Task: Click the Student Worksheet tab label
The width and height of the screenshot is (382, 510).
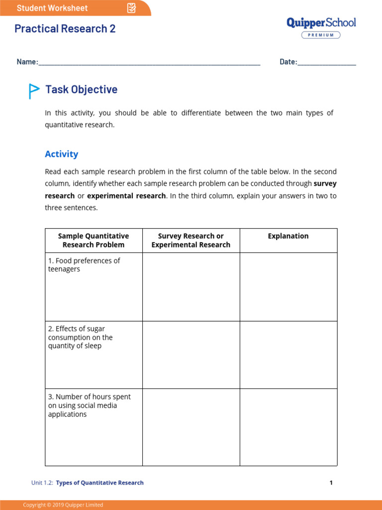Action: coord(52,8)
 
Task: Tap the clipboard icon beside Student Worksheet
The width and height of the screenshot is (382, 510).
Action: coord(131,8)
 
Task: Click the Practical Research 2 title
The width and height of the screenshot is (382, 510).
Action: coord(65,29)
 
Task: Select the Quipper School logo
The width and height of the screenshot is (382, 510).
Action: coord(321,23)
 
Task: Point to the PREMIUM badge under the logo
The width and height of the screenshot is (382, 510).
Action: coord(321,35)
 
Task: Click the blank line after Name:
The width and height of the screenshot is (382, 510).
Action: coord(149,63)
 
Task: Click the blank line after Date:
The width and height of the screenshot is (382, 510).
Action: coord(327,63)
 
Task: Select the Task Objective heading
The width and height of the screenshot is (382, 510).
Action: coord(82,90)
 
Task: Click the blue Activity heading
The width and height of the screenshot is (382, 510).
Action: coord(62,154)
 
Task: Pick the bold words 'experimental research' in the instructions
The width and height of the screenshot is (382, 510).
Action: coord(126,196)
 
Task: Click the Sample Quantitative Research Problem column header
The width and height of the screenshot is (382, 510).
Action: coord(94,241)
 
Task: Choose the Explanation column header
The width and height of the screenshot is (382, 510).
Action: coord(288,236)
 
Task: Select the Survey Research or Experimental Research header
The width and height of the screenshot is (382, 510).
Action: coord(191,241)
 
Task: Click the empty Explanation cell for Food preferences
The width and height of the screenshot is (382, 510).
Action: coord(288,287)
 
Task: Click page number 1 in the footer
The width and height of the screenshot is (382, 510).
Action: coord(331,483)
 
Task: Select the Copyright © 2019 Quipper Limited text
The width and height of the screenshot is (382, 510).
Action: coord(63,505)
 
